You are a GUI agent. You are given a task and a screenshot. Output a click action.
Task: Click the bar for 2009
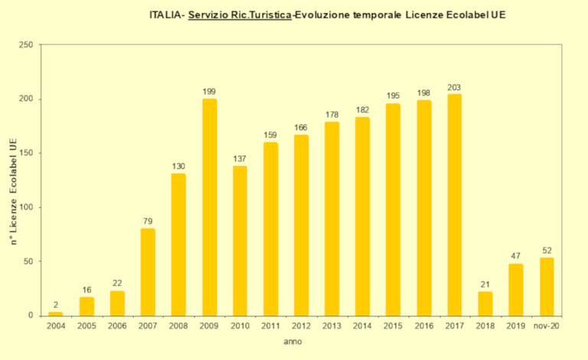(209, 207)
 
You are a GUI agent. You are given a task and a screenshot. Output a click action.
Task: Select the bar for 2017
(454, 205)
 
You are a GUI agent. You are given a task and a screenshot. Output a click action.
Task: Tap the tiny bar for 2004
(55, 313)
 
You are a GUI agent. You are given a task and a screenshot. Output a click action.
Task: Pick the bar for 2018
(485, 303)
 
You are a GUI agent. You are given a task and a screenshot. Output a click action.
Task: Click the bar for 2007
(148, 272)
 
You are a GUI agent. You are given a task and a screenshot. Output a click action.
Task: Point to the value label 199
(209, 92)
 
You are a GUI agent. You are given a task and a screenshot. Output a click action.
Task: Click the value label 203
(454, 87)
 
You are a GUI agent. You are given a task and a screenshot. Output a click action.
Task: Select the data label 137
(240, 159)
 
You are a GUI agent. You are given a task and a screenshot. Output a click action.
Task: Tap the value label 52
(547, 250)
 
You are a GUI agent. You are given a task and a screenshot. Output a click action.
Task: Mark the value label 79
(148, 221)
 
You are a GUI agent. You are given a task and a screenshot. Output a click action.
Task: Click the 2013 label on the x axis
(332, 326)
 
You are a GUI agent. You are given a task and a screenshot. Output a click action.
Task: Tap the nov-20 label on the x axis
(547, 326)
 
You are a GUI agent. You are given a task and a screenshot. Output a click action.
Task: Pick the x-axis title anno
(292, 341)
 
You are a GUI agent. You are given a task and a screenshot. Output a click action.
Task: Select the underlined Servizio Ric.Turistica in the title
(240, 15)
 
